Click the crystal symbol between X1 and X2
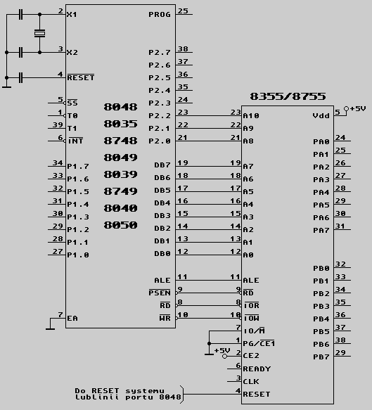(39, 33)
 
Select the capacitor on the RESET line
(21, 77)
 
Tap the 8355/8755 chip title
(288, 96)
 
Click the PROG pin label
(160, 14)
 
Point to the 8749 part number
(120, 191)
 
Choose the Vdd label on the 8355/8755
(321, 115)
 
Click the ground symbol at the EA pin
(50, 328)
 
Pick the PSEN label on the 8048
(160, 293)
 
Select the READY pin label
(257, 369)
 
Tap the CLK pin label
(251, 382)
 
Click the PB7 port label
(321, 357)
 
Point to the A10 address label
(251, 115)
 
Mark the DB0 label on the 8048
(162, 254)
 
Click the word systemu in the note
(145, 391)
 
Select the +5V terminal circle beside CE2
(224, 356)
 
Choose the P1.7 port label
(78, 166)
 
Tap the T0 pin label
(72, 115)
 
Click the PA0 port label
(321, 142)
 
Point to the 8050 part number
(120, 225)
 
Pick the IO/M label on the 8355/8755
(254, 331)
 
